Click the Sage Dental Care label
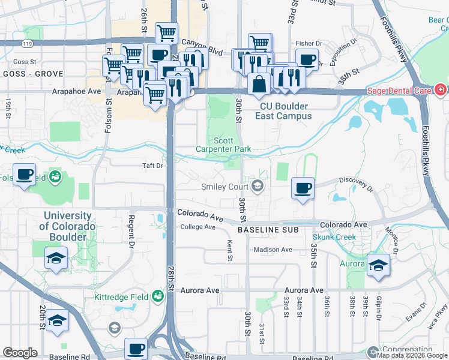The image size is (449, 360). pyautogui.click(x=399, y=91)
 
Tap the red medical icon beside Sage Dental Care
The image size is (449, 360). pyautogui.click(x=440, y=91)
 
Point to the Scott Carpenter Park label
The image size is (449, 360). pyautogui.click(x=224, y=144)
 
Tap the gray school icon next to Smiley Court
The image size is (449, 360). pyautogui.click(x=258, y=187)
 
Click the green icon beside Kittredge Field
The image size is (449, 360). pyautogui.click(x=157, y=296)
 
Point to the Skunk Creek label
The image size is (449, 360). pyautogui.click(x=334, y=237)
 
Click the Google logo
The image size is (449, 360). pyautogui.click(x=20, y=352)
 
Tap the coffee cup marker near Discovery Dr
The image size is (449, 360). pyautogui.click(x=302, y=188)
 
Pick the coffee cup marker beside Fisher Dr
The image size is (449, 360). pyautogui.click(x=307, y=59)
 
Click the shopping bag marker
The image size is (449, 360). pyautogui.click(x=259, y=84)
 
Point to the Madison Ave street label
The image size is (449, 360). pyautogui.click(x=273, y=250)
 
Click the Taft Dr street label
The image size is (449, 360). pyautogui.click(x=152, y=166)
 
